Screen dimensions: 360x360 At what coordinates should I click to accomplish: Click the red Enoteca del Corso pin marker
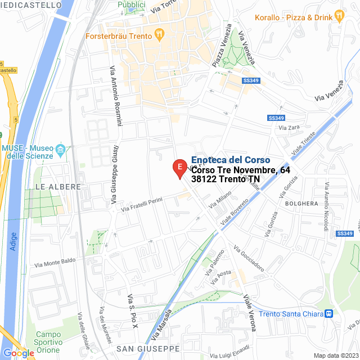(179, 168)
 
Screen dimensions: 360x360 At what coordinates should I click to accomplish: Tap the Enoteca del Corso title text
(231, 160)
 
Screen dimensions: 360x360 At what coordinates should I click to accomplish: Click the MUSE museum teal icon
(61, 150)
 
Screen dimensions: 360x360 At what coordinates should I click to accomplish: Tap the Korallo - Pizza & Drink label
(292, 17)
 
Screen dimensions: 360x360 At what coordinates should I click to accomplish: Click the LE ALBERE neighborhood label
(58, 186)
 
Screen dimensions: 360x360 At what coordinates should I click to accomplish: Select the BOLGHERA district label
(301, 203)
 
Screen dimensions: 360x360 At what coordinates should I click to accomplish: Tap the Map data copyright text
(336, 355)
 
